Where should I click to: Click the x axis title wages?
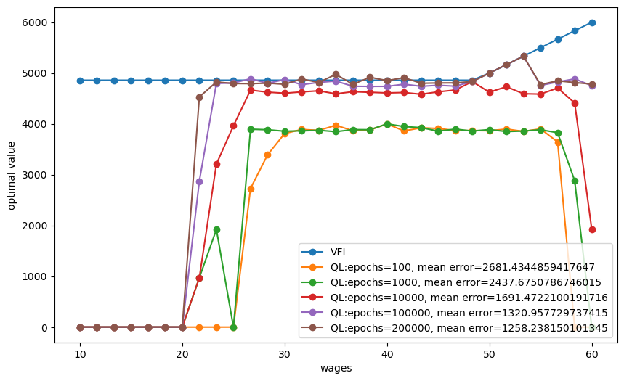[x=336, y=369]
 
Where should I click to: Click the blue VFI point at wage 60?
[x=592, y=22]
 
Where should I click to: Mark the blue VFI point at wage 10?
[x=80, y=81]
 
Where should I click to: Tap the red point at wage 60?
[x=592, y=229]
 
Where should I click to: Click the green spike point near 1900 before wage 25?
[x=216, y=229]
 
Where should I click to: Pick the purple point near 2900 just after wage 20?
[x=199, y=181]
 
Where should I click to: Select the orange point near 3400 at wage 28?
[x=267, y=155]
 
